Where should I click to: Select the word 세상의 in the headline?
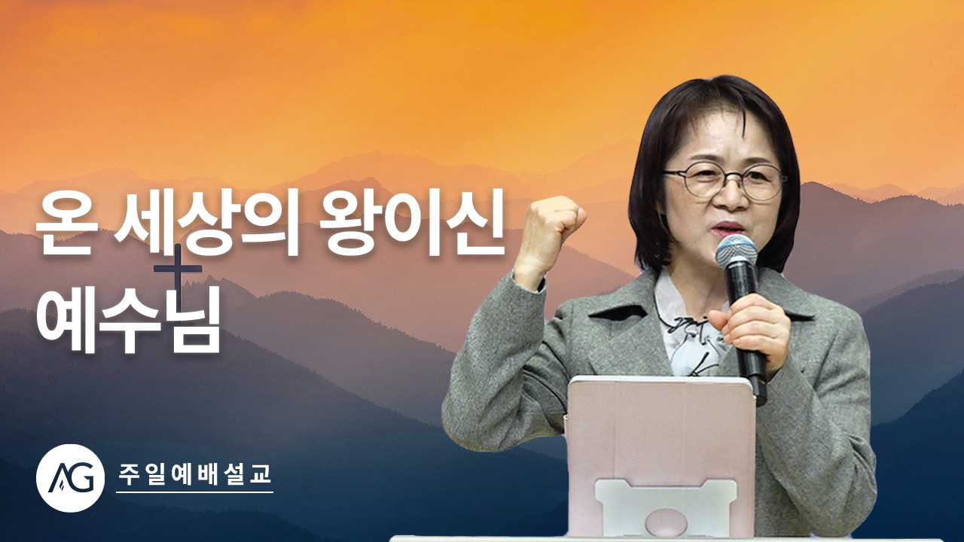click(x=206, y=224)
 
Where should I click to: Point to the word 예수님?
click(x=128, y=319)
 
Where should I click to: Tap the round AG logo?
click(x=70, y=478)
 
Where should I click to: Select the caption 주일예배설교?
click(x=194, y=473)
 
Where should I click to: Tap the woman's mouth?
click(x=728, y=227)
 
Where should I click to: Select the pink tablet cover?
click(x=660, y=455)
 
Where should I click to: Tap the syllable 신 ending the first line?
click(x=478, y=224)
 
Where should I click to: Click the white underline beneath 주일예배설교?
click(x=194, y=492)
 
